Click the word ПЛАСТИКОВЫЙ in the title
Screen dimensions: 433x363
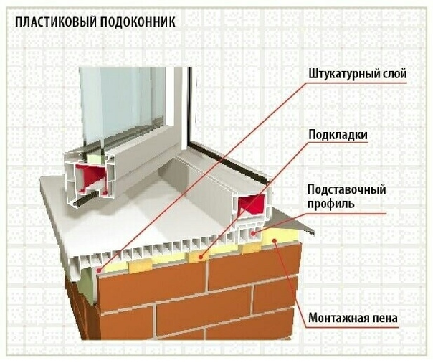tap(54, 22)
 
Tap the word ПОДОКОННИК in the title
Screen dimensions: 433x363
tap(137, 22)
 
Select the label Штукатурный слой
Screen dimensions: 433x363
tap(358, 74)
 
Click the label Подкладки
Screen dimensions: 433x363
tap(338, 135)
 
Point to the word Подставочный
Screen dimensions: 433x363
tap(346, 190)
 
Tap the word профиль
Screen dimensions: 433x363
tap(330, 204)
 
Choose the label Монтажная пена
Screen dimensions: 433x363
tap(353, 318)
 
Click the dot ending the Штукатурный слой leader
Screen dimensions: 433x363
tap(99, 270)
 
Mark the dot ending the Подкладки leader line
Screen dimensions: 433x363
tap(201, 257)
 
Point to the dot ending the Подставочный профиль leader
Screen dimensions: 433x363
tap(253, 233)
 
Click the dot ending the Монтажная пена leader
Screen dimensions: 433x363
tap(275, 240)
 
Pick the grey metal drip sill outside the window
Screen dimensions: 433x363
tap(292, 221)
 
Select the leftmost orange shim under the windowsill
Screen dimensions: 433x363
tap(140, 266)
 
